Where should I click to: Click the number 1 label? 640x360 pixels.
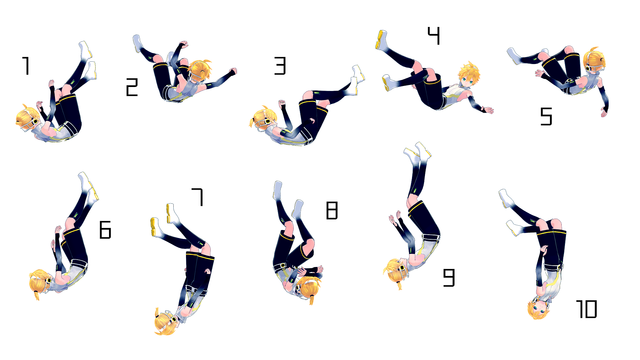click(x=25, y=66)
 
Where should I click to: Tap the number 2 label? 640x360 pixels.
click(x=131, y=88)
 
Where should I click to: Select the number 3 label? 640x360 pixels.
click(x=280, y=66)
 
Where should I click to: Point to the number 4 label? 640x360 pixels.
click(x=432, y=36)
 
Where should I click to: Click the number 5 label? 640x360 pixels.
click(x=546, y=117)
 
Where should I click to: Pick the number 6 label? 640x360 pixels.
click(x=104, y=231)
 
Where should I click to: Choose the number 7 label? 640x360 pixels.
click(x=197, y=197)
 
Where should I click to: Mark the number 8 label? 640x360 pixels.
click(x=332, y=211)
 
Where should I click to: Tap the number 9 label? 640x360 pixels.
click(x=448, y=275)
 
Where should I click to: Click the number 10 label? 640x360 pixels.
click(x=586, y=310)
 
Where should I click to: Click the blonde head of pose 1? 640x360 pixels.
click(x=28, y=121)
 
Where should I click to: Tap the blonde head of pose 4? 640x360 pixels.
click(x=468, y=75)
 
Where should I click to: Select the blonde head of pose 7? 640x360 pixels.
click(x=166, y=322)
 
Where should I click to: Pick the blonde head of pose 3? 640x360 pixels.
click(x=262, y=120)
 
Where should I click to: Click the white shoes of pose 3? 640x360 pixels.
click(x=358, y=74)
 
